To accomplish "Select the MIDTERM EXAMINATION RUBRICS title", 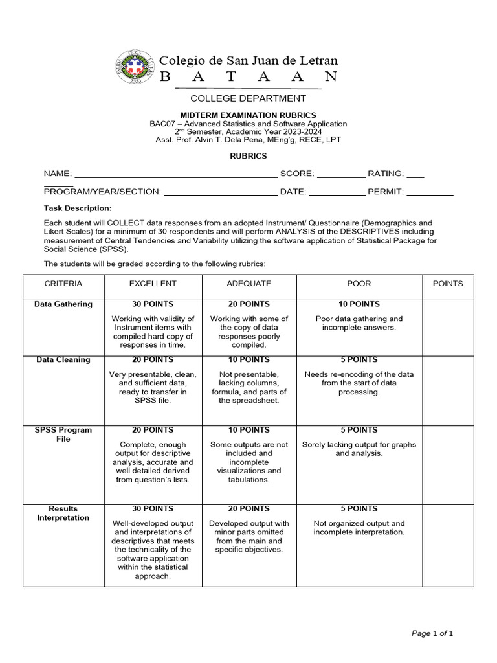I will coord(248,115).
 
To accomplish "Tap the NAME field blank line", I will coord(176,175).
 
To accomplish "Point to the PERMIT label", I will coord(386,192).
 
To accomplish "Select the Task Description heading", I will coord(78,208).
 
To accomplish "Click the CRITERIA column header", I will coord(63,284).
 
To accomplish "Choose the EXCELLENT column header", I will coord(153,284).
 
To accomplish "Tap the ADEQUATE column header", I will coord(249,284).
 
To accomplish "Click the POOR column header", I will coord(359,284).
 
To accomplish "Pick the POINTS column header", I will coord(448,284).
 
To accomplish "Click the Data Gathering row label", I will coord(63,304).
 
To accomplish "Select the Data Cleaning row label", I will coord(63,360).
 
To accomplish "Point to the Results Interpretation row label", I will coord(63,513).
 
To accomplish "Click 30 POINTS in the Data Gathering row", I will coord(153,304).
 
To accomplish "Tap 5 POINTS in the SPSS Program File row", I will coord(359,430).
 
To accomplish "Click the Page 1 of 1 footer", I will coord(432,633).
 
